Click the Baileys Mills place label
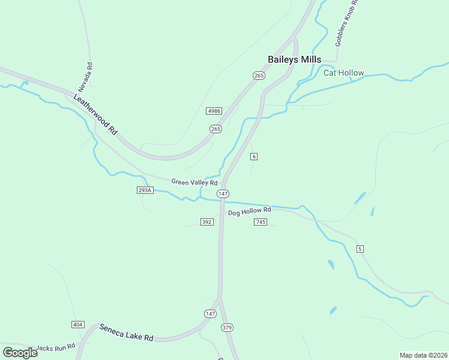point(294,59)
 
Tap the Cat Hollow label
point(343,73)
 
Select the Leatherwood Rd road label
point(95,113)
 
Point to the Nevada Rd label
point(89,74)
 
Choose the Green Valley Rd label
point(194,182)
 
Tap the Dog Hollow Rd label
point(249,211)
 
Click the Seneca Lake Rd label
point(126,332)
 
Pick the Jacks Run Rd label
point(55,347)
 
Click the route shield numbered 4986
point(214,111)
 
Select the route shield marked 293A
point(145,190)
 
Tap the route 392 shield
point(207,222)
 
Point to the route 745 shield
point(261,222)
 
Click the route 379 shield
point(227,328)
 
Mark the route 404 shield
point(77,325)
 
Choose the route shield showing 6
point(255,157)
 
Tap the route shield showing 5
point(360,248)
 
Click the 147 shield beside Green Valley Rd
point(223,193)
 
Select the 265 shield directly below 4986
point(215,129)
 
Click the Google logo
point(20,352)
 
